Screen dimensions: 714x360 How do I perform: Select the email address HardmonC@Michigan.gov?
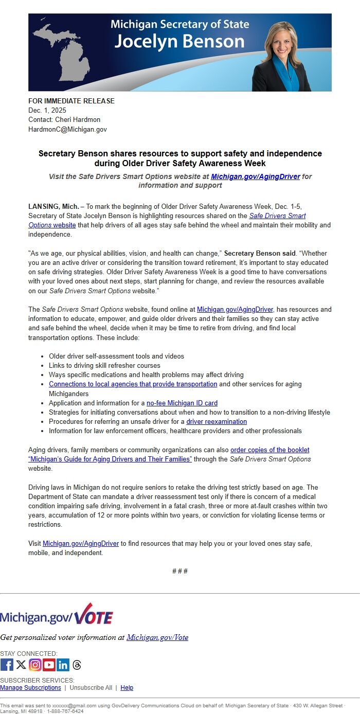67,129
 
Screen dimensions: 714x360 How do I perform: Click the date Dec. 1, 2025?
47,110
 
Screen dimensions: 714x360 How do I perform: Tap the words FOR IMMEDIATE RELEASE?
71,101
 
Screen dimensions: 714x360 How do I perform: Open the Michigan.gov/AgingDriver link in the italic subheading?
256,176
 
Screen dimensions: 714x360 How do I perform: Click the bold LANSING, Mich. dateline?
53,206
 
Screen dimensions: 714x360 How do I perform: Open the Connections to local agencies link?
133,384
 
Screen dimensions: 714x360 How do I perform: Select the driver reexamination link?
217,422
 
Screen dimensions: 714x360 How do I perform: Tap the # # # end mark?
179,571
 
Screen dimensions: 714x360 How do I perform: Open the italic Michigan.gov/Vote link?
157,637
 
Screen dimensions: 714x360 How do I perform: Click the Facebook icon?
7,665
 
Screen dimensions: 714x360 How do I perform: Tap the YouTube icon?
49,665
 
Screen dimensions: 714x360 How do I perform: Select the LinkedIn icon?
63,665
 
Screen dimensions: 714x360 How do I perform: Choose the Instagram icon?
35,665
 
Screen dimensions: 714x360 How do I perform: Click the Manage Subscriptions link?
30,688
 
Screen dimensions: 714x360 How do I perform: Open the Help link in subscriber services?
127,688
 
